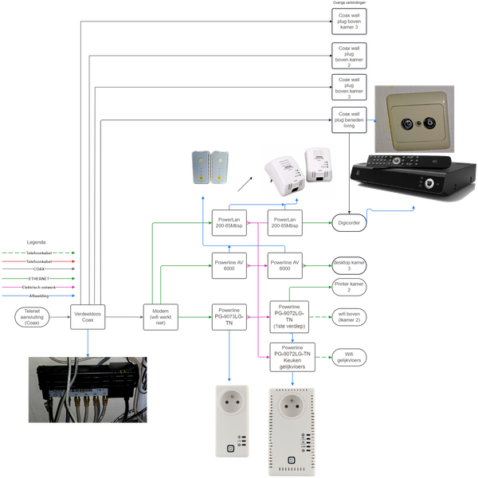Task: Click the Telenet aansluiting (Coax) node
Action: [x=32, y=316]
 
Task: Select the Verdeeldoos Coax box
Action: [x=88, y=316]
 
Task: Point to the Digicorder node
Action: [x=349, y=224]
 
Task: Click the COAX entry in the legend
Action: [x=38, y=269]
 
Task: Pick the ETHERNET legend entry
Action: [x=38, y=279]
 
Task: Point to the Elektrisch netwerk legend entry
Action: [x=38, y=288]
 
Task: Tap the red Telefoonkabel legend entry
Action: [x=38, y=261]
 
